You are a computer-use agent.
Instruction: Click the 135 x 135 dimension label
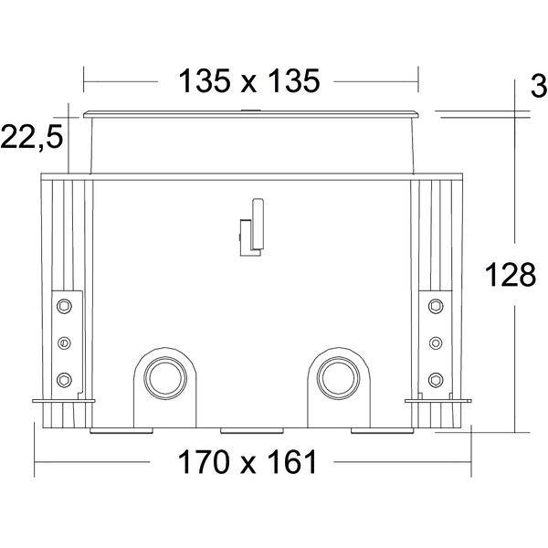click(x=249, y=81)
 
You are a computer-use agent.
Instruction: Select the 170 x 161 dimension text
click(x=248, y=461)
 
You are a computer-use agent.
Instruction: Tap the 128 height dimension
click(x=511, y=275)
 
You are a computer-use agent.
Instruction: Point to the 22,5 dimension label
click(x=32, y=137)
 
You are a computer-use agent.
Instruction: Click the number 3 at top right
click(x=539, y=87)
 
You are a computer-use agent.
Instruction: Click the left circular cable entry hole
click(x=165, y=378)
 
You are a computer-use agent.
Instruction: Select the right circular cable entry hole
click(x=338, y=378)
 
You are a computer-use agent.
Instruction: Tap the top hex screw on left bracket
click(x=64, y=306)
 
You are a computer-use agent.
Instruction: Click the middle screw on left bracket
click(x=64, y=342)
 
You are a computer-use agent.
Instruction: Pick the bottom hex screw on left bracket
click(x=64, y=380)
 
